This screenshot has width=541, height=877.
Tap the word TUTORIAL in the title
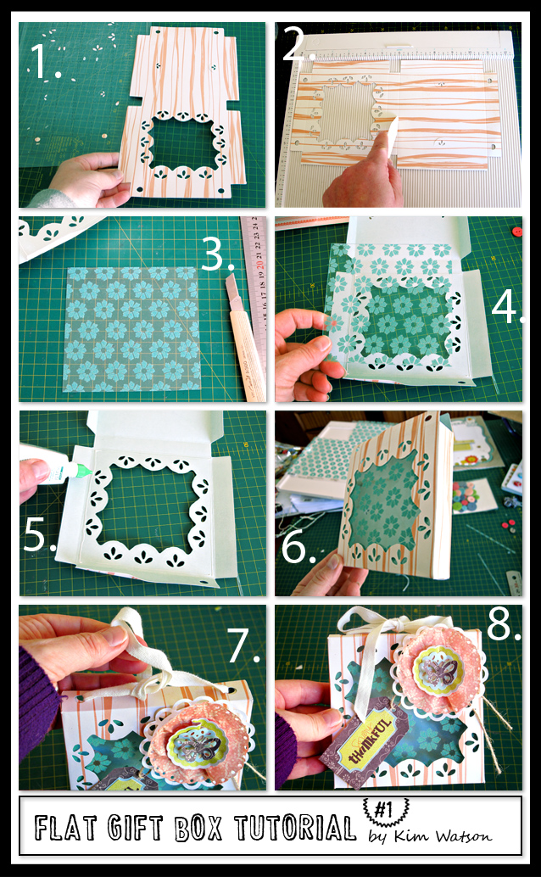pyautogui.click(x=295, y=828)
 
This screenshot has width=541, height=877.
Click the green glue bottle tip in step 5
pyautogui.click(x=84, y=471)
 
